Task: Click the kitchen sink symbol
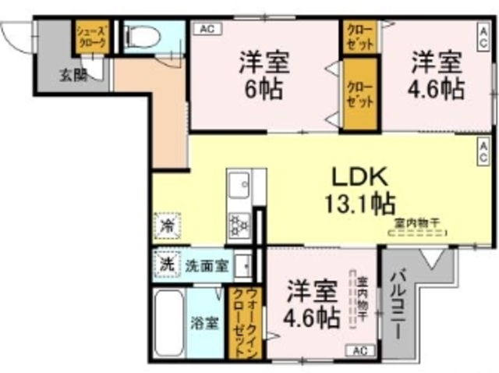[x=238, y=187]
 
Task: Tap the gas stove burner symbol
[x=237, y=226]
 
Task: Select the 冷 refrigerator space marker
[x=167, y=226]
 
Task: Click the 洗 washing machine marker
[x=166, y=264]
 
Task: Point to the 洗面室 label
[x=207, y=265]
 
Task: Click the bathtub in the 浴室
[x=168, y=322]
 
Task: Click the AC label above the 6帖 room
[x=207, y=29]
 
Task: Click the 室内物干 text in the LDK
[x=416, y=222]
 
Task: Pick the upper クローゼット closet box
[x=359, y=37]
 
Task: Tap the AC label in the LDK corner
[x=483, y=144]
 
